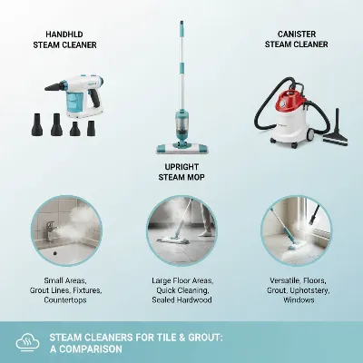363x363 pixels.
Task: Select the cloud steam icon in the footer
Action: pyautogui.click(x=27, y=343)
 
